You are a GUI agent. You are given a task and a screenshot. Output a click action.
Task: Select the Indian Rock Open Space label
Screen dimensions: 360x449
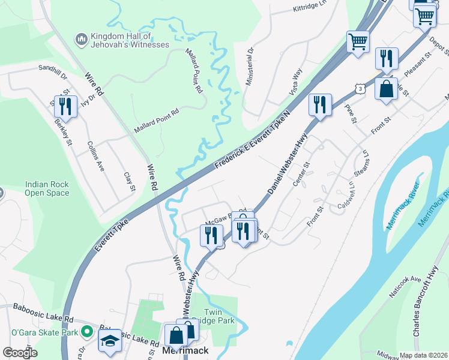[47, 189]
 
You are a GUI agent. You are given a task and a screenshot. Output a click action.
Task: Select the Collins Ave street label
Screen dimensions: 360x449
[96, 156]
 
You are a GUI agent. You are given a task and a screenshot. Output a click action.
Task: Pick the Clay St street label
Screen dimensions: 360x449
[129, 182]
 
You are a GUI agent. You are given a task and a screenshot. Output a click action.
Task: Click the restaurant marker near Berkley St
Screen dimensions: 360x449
[63, 106]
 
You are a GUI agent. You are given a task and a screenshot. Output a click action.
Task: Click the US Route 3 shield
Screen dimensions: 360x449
[358, 89]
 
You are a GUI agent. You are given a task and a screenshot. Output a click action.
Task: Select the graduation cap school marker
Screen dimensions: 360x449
[110, 341]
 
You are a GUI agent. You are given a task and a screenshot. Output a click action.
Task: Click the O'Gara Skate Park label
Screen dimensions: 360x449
[45, 332]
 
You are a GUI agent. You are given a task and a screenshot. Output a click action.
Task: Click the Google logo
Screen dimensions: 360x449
[20, 353]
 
